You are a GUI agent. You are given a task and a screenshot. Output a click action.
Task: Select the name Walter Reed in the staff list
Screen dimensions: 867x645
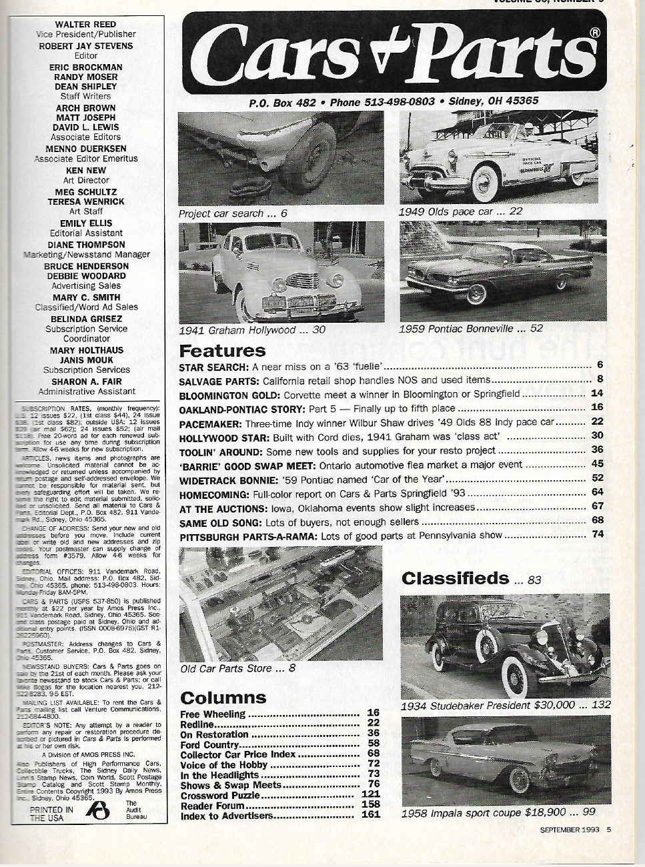pos(86,24)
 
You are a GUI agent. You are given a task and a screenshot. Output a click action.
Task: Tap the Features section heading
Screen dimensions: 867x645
pos(222,350)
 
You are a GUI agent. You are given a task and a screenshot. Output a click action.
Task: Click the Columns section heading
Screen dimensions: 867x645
pos(223,698)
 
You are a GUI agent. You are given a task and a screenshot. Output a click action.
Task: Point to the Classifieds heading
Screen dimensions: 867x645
pos(455,578)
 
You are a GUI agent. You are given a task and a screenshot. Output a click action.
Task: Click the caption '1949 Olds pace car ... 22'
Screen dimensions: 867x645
pos(460,211)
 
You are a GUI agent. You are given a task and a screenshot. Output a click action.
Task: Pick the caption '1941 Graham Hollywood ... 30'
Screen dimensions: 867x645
pos(252,330)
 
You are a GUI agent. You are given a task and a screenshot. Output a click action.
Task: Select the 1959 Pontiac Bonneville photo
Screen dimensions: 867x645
pos(503,271)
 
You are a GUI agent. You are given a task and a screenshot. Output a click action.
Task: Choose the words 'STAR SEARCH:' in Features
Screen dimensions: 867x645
pos(214,367)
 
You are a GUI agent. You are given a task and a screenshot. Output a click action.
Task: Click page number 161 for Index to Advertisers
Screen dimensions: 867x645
pos(370,815)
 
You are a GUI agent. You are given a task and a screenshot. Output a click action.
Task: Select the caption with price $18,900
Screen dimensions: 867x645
pos(498,812)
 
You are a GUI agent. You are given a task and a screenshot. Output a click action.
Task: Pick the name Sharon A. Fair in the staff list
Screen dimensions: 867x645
pos(87,381)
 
